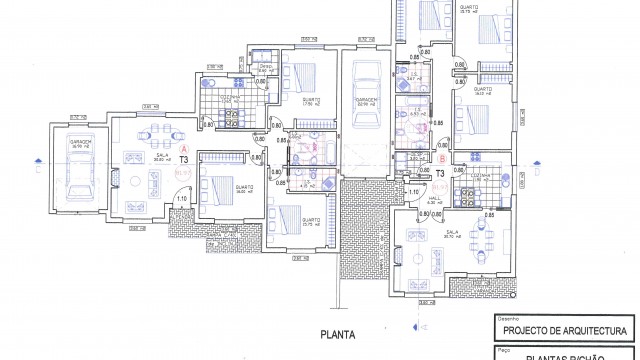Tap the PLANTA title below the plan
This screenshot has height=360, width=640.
pos(339,336)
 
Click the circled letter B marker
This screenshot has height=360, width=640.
pos(442,158)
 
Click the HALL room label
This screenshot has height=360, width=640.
pos(435,198)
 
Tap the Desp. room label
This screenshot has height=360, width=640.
pos(265,67)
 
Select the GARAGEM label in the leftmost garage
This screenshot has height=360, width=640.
pos(81,142)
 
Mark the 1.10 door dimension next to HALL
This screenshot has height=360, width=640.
pos(413,191)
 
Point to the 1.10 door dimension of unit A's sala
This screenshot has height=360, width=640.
pos(181,197)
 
